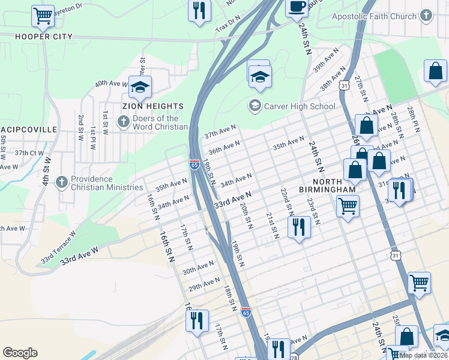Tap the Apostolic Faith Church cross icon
[x=426, y=16]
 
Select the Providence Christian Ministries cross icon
[x=61, y=182]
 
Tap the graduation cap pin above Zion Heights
[x=140, y=88]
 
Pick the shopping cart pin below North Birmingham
[x=348, y=206]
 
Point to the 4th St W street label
[x=46, y=170]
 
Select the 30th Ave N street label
[x=198, y=267]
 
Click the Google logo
[x=20, y=352]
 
